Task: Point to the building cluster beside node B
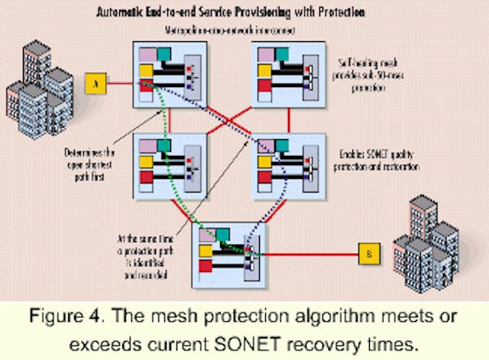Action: [431, 244]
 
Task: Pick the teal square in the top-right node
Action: [282, 54]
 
